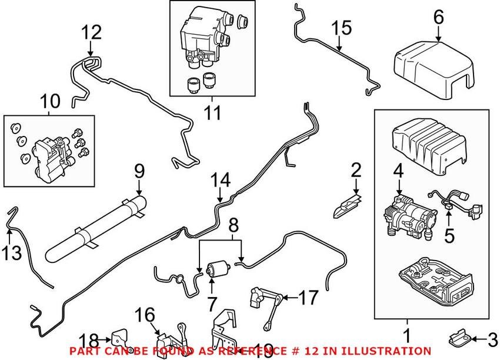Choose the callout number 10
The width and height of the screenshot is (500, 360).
point(50,101)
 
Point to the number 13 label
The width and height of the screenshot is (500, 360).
point(12,253)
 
